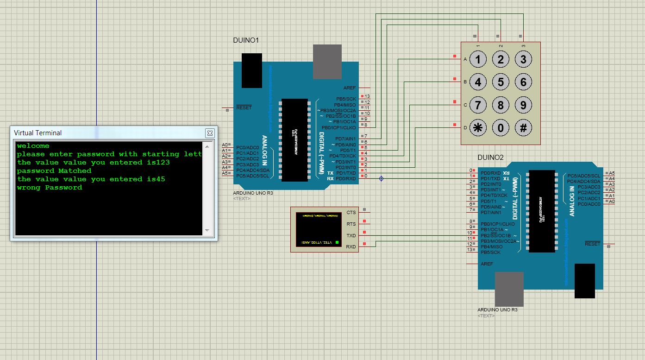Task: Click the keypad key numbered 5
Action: tap(501, 82)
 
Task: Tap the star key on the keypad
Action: tap(478, 128)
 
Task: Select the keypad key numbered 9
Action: tap(523, 105)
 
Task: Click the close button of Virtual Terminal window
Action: tap(210, 133)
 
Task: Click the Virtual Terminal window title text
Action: tap(38, 133)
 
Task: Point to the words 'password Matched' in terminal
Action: tap(54, 171)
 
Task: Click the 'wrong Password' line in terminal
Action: tap(50, 188)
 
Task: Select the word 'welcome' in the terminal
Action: tap(33, 146)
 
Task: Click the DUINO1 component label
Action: tap(246, 40)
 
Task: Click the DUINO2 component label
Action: tap(490, 157)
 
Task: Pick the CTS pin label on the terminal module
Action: tap(351, 212)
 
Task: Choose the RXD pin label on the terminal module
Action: tap(351, 247)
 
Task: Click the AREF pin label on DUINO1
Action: tap(350, 88)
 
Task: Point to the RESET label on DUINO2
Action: tap(592, 244)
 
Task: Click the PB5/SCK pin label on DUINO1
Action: tap(346, 99)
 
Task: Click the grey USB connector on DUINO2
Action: tap(509, 289)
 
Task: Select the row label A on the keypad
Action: tap(465, 59)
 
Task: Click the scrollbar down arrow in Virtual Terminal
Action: tap(208, 230)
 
